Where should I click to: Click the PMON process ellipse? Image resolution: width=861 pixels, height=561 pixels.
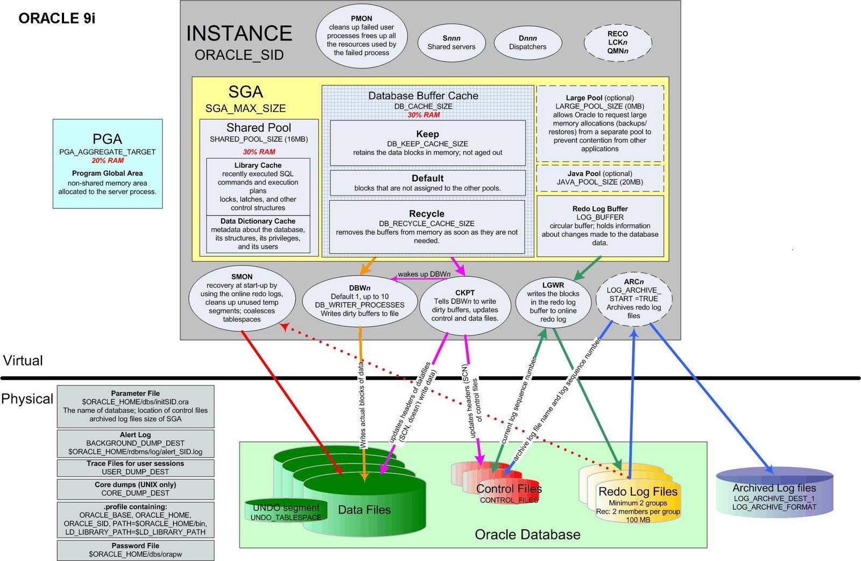[x=361, y=36]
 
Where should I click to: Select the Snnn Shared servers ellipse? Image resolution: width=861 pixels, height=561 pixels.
[x=451, y=43]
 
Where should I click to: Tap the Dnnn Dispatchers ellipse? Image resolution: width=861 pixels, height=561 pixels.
[x=527, y=43]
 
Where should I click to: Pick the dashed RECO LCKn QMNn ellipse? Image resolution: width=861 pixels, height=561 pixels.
[x=617, y=42]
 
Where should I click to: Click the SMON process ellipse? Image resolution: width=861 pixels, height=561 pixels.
[x=242, y=298]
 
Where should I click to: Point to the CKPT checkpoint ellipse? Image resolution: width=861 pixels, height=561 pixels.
[x=465, y=306]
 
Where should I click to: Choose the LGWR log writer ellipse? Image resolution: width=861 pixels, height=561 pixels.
[x=553, y=302]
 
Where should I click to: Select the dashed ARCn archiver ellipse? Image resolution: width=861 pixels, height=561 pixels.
[x=633, y=299]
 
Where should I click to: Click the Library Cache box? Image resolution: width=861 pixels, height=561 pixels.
[x=258, y=186]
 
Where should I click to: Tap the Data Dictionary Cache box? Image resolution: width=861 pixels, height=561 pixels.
[x=258, y=234]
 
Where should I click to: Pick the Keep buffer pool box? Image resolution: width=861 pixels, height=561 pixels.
[x=427, y=143]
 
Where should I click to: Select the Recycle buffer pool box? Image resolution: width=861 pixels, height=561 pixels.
[x=427, y=227]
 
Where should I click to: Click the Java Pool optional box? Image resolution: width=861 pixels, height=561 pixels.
[x=599, y=178]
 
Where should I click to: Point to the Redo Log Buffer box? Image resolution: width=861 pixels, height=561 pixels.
[x=599, y=226]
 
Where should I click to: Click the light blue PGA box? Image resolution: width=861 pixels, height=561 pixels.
[x=108, y=164]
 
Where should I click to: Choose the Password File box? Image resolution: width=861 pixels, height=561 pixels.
[x=135, y=550]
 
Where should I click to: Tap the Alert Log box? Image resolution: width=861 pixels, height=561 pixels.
[x=135, y=443]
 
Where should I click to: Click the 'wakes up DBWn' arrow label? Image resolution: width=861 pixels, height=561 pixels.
[x=424, y=274]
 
